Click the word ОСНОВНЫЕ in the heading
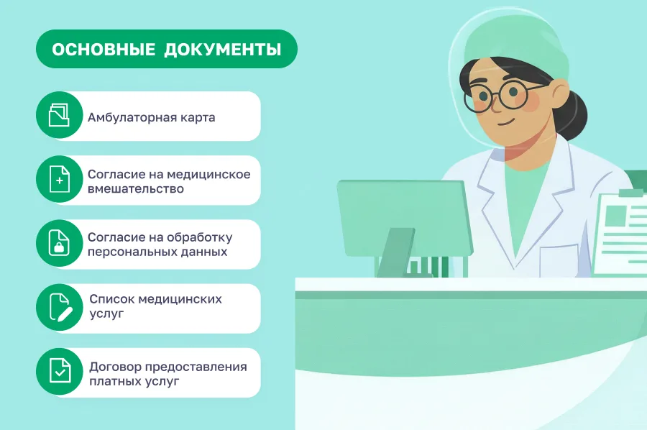(104, 50)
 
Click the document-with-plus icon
(60, 180)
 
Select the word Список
(111, 299)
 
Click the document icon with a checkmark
(60, 372)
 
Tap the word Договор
(114, 367)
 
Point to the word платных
(114, 381)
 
